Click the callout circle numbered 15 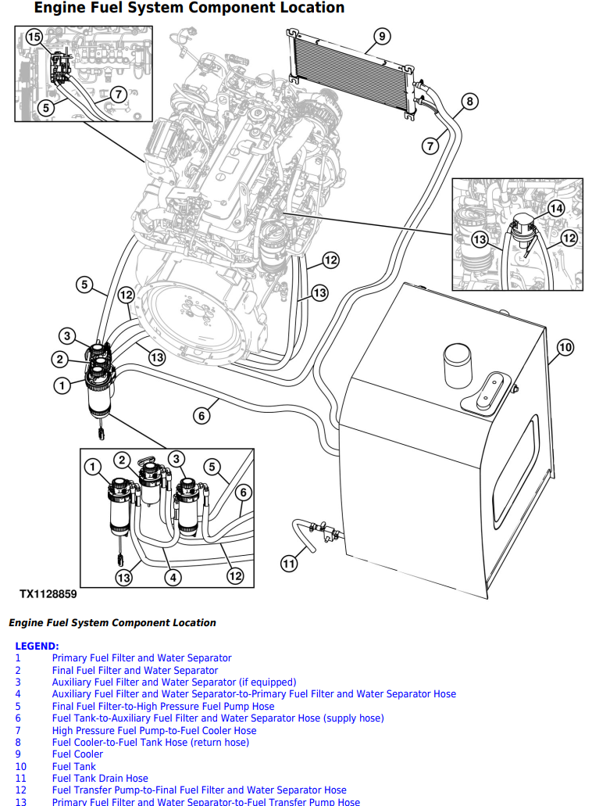[34, 37]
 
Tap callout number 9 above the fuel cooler [381, 36]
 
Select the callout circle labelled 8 [469, 101]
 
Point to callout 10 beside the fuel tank [565, 346]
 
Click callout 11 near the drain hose [290, 562]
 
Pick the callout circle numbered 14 [555, 208]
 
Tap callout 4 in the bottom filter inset [172, 578]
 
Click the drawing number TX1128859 [48, 594]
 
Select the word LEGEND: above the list [37, 646]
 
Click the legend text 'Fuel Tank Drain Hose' [100, 779]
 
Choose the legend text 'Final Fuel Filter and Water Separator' [135, 670]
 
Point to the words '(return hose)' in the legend [219, 742]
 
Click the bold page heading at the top [189, 9]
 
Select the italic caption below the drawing [112, 623]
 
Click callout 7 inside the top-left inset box [117, 94]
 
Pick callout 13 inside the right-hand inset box [480, 239]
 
